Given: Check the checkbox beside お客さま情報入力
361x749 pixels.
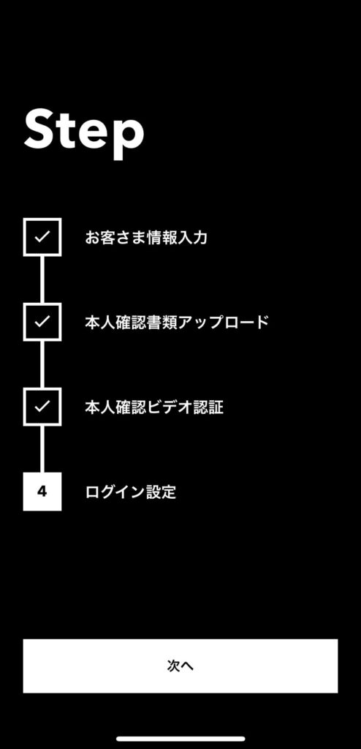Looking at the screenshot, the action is (42, 237).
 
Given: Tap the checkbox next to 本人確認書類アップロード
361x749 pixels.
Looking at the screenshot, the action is (42, 322).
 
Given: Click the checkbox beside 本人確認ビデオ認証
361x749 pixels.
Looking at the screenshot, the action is (42, 407).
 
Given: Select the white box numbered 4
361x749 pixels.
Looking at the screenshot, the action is (42, 492).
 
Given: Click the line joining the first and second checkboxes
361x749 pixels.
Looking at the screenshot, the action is (42, 279).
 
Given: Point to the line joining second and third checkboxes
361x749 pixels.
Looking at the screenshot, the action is (42, 364).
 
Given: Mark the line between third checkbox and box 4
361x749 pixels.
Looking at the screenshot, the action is (42, 449).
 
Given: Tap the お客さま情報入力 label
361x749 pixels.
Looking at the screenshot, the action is (146, 238).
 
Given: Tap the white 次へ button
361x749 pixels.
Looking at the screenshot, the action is (180, 666).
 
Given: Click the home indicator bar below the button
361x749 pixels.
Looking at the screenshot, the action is (180, 739).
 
